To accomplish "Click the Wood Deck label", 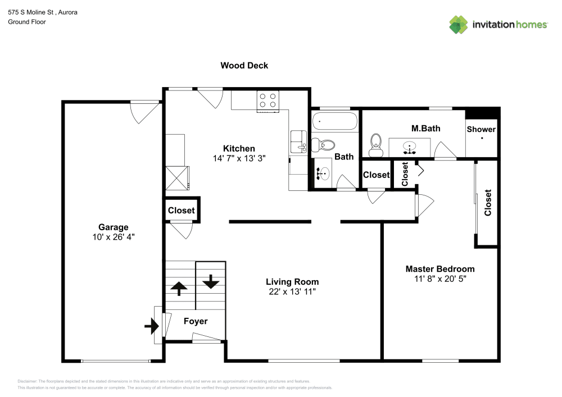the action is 244,66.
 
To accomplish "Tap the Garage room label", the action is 114,227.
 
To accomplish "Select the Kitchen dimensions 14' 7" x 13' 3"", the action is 239,158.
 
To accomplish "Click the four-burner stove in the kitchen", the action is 268,101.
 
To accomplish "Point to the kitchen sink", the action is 298,142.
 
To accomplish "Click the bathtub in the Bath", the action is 335,121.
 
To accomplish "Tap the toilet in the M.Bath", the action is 375,145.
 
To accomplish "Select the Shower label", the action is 481,129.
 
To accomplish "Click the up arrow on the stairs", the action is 179,288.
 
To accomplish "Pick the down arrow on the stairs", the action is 211,281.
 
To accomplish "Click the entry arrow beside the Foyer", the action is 152,326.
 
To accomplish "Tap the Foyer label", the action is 196,321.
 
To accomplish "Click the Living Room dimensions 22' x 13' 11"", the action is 292,292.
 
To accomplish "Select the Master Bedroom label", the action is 440,269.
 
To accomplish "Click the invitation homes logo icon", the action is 459,25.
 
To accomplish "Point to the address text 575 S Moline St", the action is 31,12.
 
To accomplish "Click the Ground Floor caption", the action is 27,22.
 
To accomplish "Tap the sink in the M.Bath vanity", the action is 409,147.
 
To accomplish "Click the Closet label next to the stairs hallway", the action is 182,211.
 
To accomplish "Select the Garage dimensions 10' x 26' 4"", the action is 114,237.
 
